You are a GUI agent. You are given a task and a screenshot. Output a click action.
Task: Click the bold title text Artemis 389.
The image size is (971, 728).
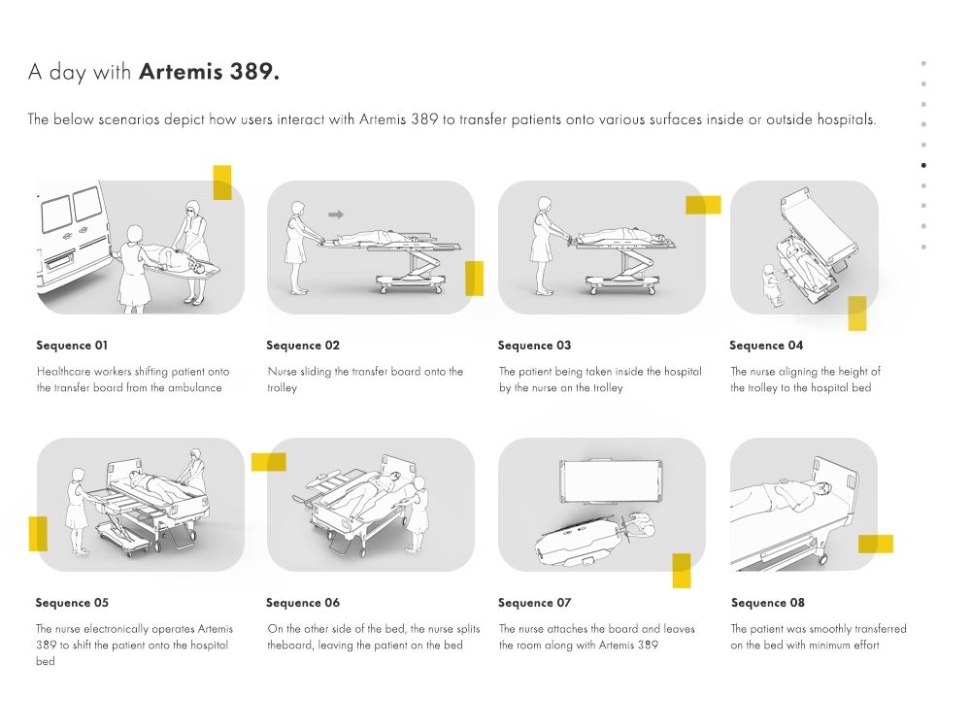209,72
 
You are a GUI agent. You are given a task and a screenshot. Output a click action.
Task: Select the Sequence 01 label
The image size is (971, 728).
73,346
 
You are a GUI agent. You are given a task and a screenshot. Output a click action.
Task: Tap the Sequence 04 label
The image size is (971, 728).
766,346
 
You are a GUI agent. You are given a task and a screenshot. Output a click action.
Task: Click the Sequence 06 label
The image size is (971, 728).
303,603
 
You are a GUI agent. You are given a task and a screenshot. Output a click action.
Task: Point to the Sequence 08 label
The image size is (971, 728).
767,603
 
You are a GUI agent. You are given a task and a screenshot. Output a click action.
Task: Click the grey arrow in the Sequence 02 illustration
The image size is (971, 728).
336,214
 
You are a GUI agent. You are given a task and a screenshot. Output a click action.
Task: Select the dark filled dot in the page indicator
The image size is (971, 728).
923,165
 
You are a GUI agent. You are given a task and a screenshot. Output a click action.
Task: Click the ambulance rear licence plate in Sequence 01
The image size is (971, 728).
57,259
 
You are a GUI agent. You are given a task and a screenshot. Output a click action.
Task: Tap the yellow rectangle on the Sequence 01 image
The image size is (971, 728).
222,182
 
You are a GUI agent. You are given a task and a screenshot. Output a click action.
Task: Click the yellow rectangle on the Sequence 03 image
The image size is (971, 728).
703,205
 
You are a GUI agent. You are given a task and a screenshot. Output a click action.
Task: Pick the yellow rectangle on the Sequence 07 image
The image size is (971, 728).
682,571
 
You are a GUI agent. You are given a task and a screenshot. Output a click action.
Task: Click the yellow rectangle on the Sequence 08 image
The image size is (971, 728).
875,544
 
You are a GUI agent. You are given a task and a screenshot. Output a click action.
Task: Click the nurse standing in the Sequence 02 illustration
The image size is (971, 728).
297,247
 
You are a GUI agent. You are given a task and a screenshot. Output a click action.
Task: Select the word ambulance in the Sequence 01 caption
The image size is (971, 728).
194,387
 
